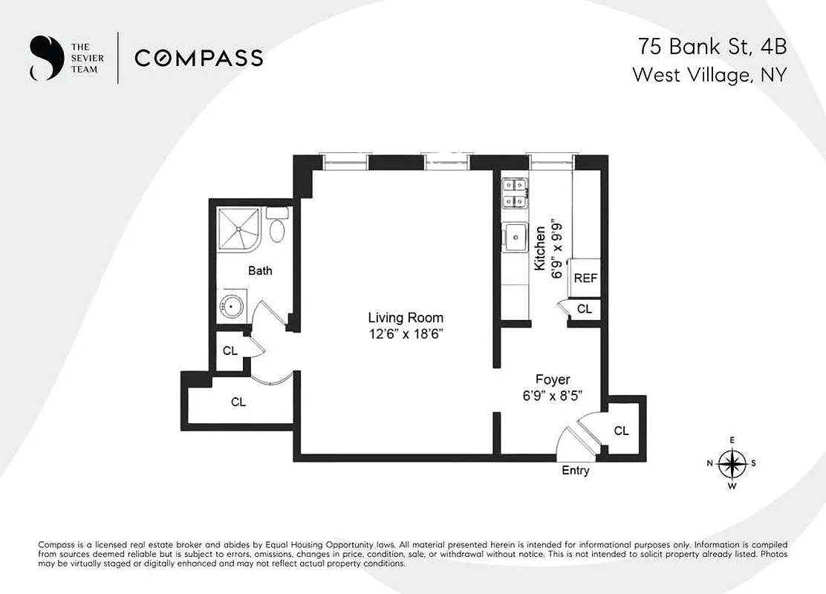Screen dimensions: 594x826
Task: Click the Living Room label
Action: click(x=405, y=318)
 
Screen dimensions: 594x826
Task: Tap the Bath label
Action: click(x=260, y=271)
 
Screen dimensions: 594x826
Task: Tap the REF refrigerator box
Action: click(x=585, y=278)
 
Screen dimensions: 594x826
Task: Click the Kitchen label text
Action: click(x=541, y=248)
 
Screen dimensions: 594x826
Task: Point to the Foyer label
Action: click(x=553, y=379)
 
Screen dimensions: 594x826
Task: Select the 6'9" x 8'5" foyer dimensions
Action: click(x=553, y=396)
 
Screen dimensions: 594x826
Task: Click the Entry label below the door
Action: click(x=576, y=470)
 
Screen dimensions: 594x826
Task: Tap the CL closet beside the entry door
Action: click(x=621, y=431)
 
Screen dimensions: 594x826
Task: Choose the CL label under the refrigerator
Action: click(x=585, y=309)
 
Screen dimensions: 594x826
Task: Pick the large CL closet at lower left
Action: click(x=238, y=402)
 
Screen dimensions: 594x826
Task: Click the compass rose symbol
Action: click(x=732, y=463)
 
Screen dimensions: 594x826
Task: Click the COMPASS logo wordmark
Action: click(x=198, y=58)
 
